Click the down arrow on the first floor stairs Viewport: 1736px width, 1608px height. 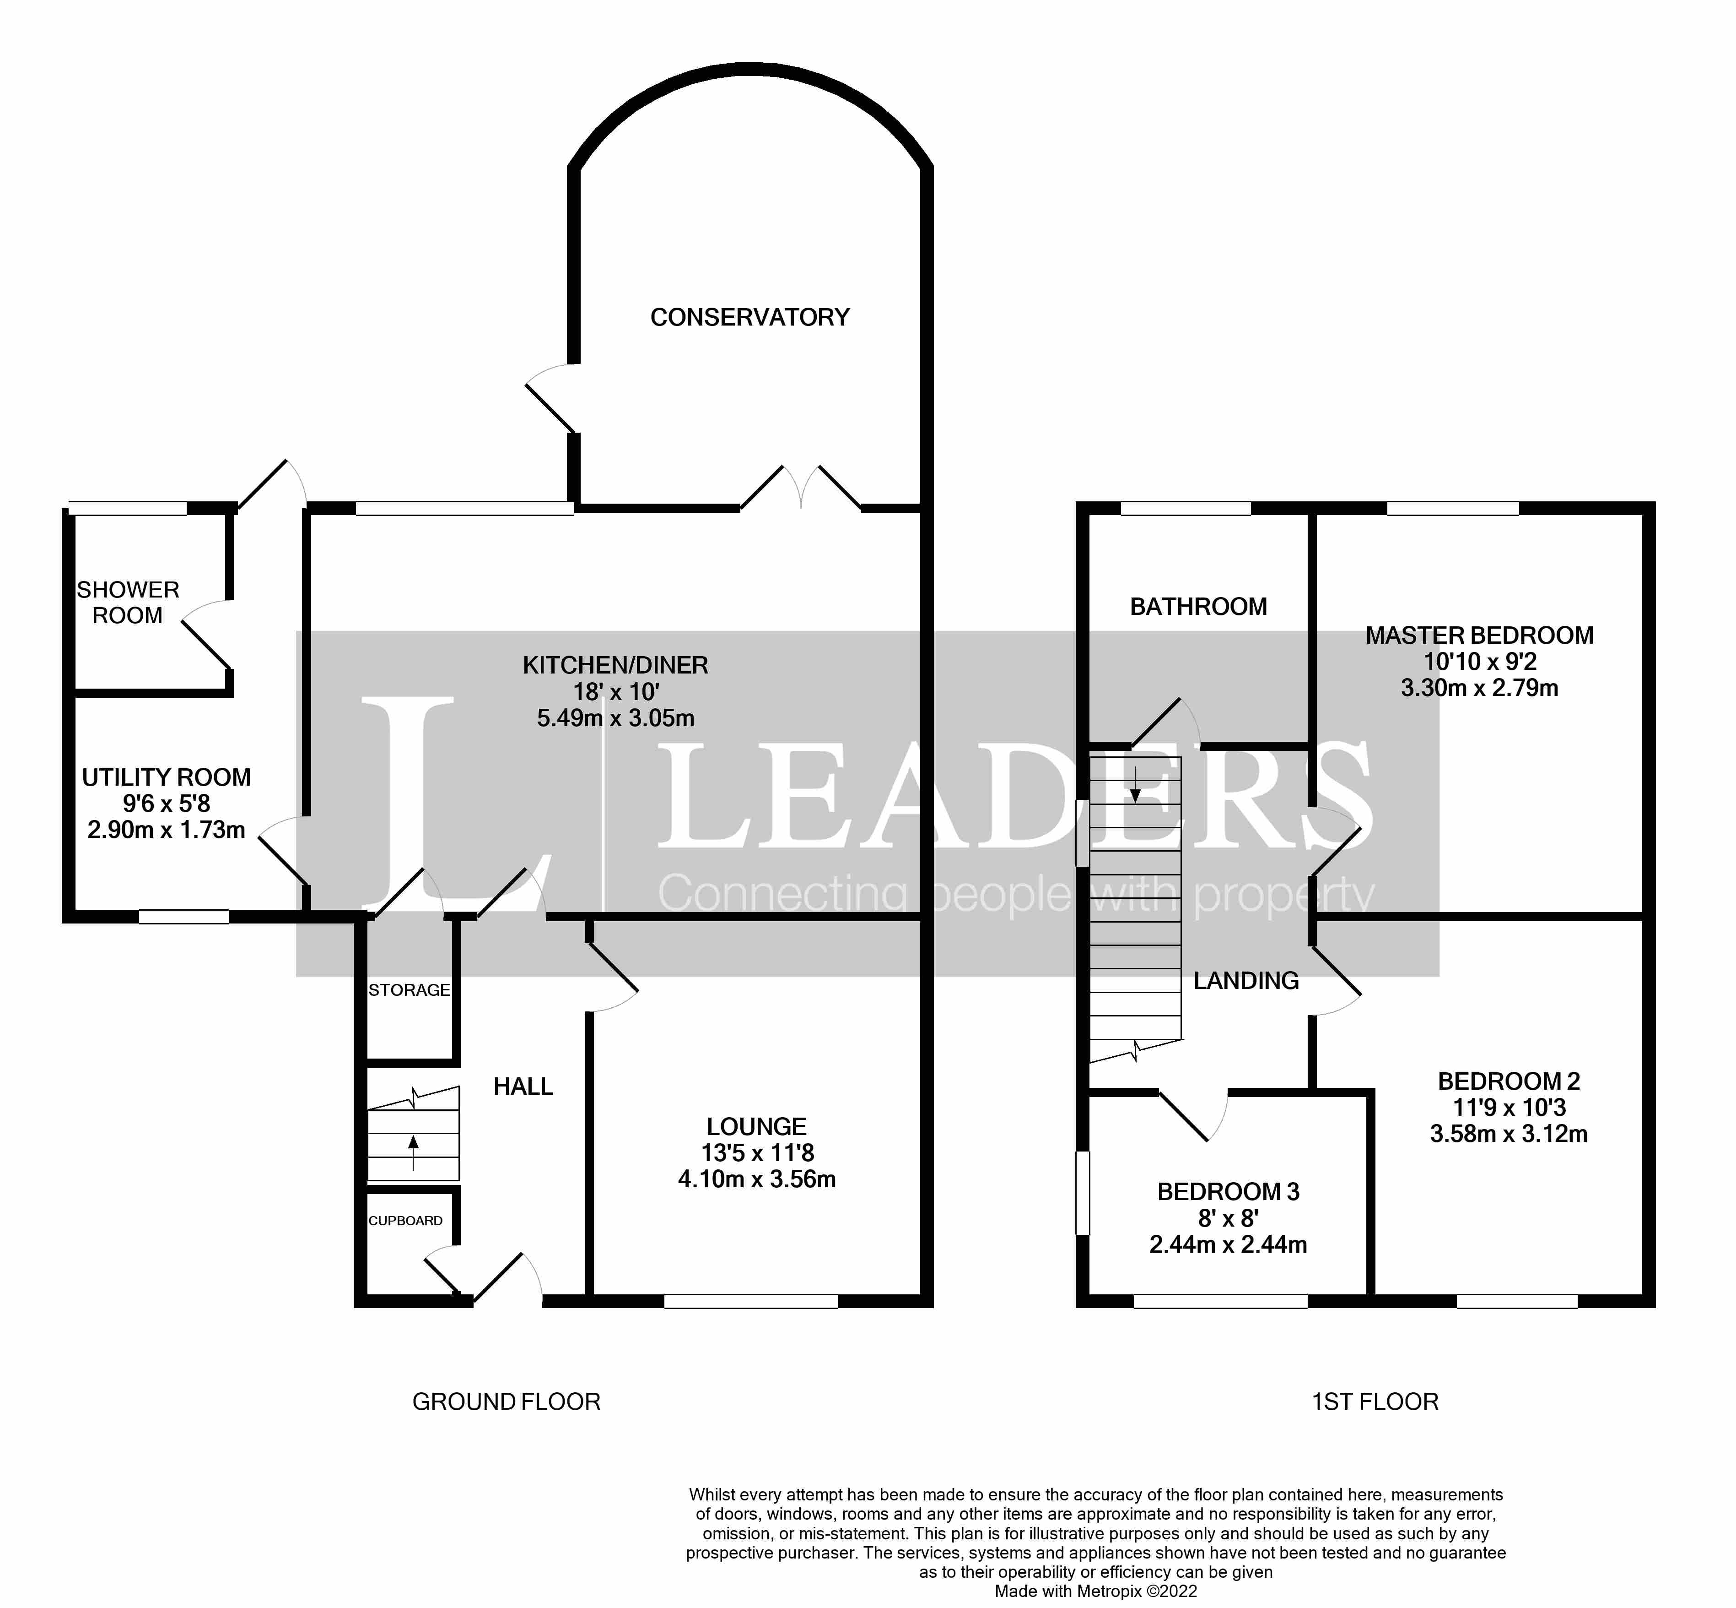pos(1135,785)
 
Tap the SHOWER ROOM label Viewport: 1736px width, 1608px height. pos(128,602)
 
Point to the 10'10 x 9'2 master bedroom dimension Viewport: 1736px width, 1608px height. pos(1478,661)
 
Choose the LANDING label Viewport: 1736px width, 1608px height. pos(1245,981)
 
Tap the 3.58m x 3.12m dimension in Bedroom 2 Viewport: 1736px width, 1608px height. pos(1508,1134)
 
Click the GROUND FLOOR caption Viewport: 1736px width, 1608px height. pos(506,1402)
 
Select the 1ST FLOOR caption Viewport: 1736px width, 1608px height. pos(1374,1402)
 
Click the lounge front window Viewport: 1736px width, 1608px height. pos(750,1302)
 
